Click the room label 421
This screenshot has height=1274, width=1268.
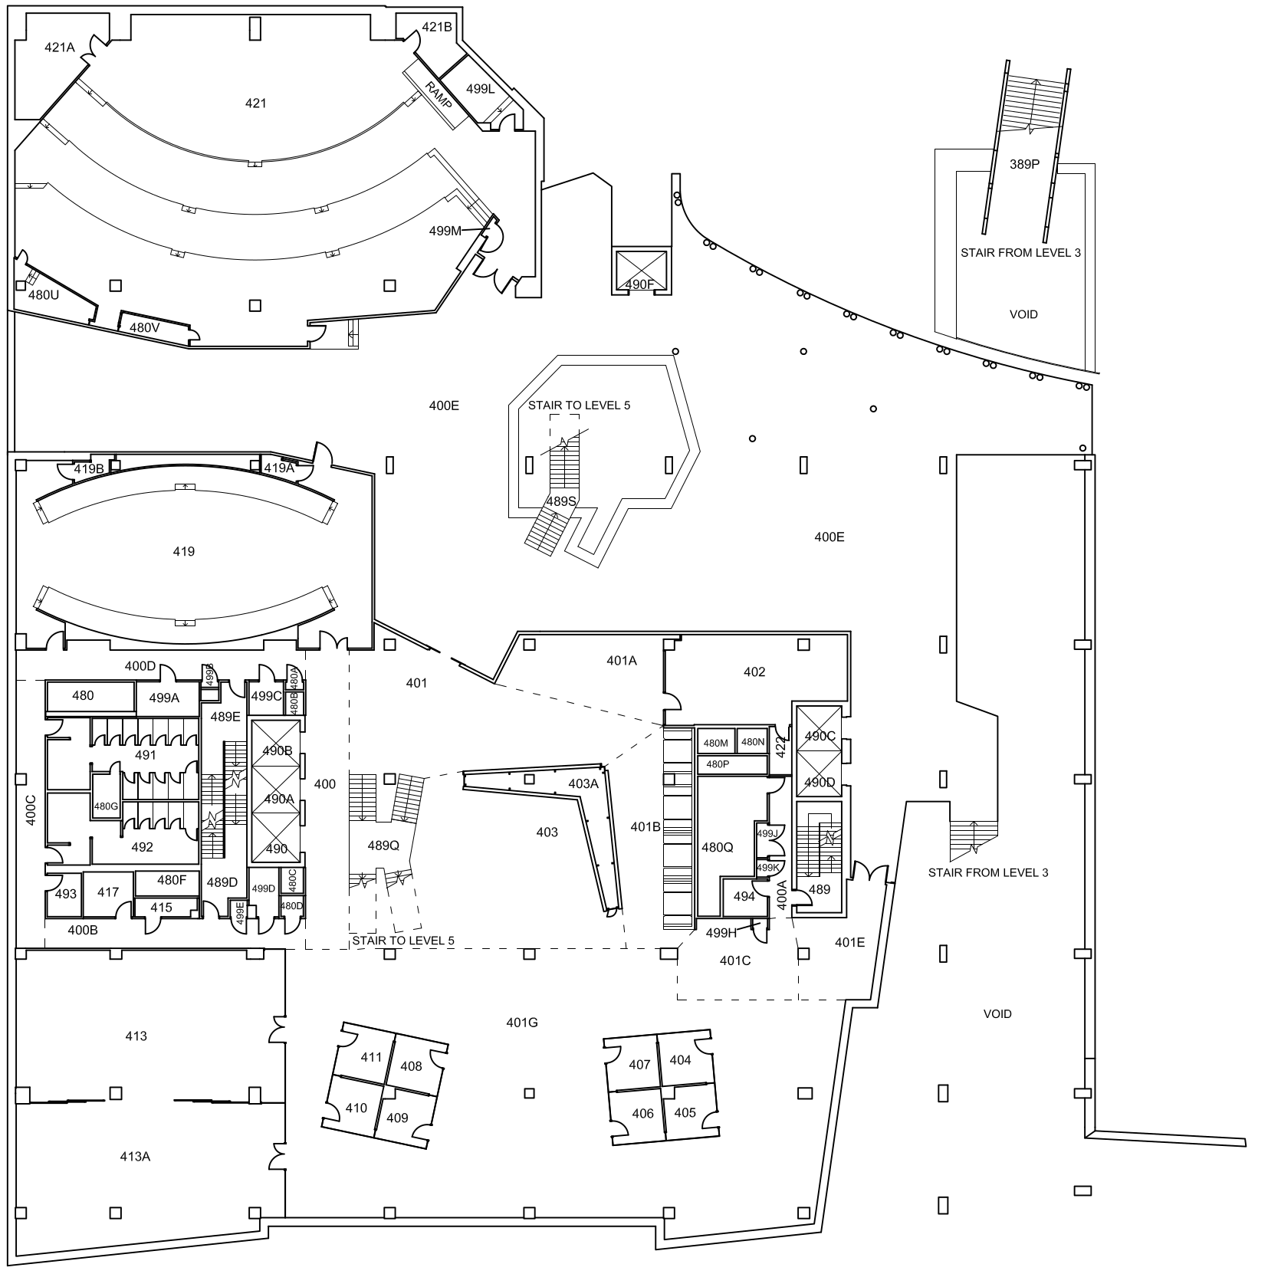click(255, 103)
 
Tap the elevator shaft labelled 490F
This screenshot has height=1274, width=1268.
click(639, 284)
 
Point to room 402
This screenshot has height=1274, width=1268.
click(754, 672)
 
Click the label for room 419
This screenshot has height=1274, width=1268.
click(184, 551)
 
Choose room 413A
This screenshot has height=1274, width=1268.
click(135, 1157)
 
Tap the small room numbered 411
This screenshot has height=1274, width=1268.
click(371, 1057)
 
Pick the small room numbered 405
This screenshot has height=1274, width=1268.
click(685, 1112)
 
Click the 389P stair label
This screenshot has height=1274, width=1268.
click(1024, 163)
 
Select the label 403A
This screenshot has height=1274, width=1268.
click(583, 783)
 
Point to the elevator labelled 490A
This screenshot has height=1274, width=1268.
click(279, 799)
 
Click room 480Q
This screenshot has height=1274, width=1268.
click(718, 847)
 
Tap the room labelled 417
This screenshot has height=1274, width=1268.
click(108, 892)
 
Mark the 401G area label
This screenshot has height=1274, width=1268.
click(522, 1022)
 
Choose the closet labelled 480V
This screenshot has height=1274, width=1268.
click(144, 327)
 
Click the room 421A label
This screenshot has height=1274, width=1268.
click(60, 48)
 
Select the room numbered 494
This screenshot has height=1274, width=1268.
click(744, 896)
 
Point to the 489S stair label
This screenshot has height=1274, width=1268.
click(560, 501)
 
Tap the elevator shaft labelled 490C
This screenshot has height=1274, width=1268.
click(820, 736)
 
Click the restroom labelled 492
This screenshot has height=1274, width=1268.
click(143, 847)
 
